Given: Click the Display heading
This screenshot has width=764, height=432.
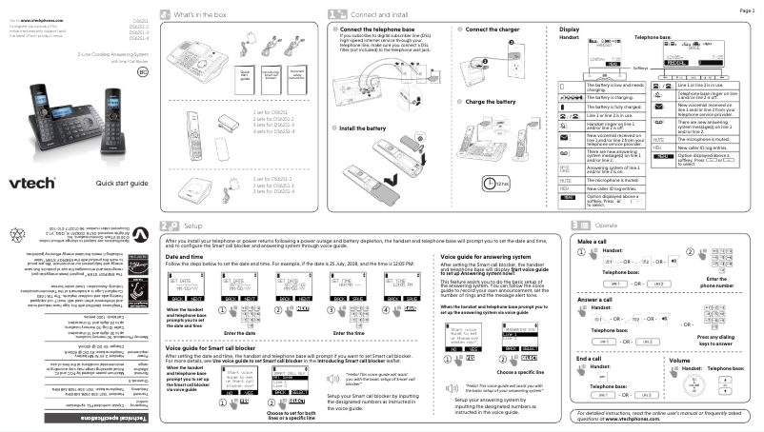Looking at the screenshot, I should [568, 30].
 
